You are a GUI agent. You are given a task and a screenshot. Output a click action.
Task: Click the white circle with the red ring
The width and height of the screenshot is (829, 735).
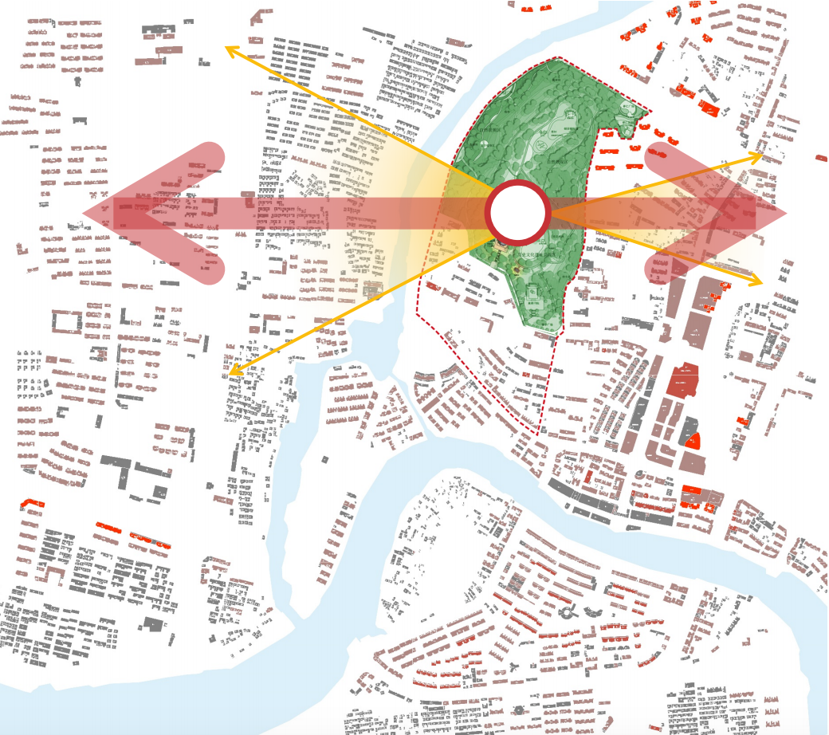click(518, 212)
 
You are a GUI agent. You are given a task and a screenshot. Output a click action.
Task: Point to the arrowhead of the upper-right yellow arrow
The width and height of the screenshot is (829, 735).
click(760, 155)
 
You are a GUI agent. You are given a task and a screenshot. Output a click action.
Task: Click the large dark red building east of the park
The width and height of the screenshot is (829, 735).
click(682, 380)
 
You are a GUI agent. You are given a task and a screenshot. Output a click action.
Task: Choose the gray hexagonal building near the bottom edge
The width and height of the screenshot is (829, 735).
click(520, 709)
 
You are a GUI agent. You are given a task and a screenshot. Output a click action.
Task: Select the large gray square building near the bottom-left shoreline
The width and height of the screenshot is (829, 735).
click(153, 623)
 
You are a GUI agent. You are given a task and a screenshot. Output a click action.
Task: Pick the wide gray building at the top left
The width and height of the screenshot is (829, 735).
click(157, 31)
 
